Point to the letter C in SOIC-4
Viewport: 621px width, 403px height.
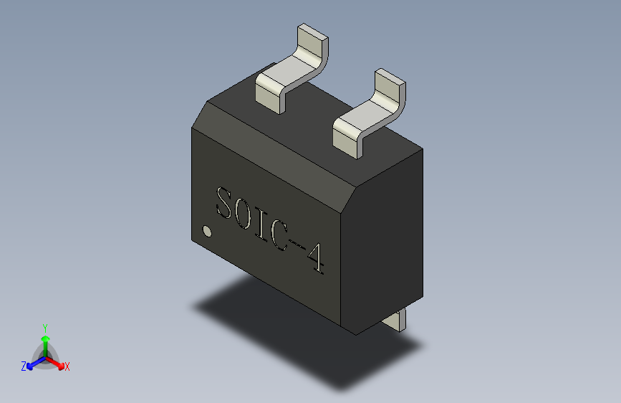(277, 234)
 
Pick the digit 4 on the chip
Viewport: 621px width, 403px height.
(314, 259)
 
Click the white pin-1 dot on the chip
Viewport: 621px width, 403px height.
(207, 231)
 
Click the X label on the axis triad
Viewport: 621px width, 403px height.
(67, 366)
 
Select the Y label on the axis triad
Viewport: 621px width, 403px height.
(44, 327)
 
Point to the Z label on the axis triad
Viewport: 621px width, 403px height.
(24, 366)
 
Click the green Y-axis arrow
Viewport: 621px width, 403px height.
(44, 341)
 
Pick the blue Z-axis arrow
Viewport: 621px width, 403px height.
(34, 362)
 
